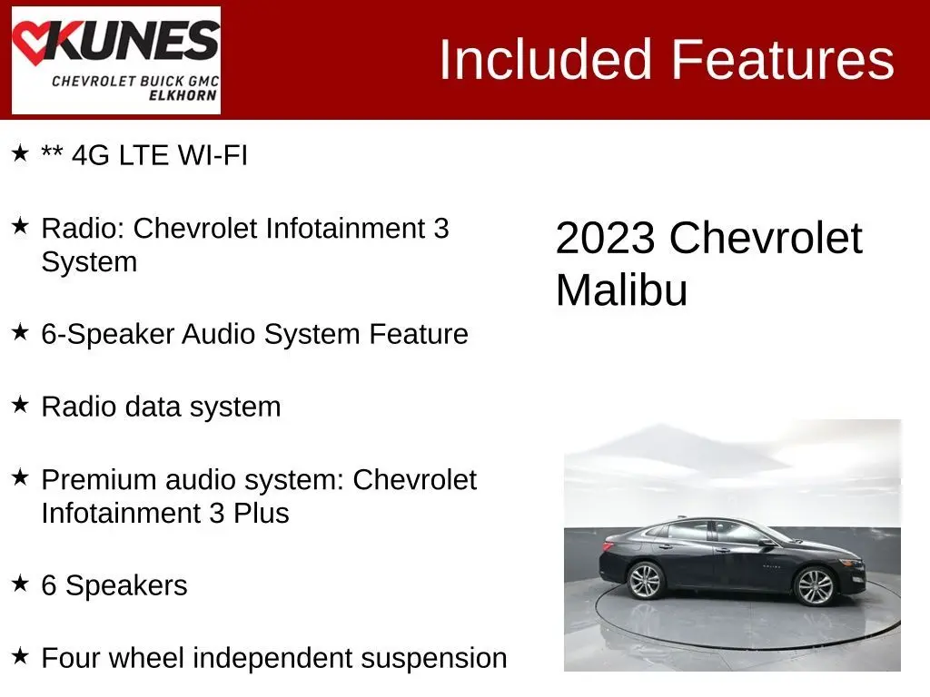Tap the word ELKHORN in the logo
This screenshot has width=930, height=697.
point(183,95)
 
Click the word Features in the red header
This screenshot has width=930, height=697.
point(782,59)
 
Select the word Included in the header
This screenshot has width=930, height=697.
point(546,59)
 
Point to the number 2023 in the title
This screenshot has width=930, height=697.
point(605,239)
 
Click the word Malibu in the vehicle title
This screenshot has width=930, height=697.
point(621,290)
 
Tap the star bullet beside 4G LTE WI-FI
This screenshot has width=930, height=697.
point(20,152)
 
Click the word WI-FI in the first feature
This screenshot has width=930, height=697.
point(213,155)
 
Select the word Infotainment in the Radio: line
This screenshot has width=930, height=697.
point(344,228)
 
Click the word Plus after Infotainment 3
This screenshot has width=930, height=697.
point(261,514)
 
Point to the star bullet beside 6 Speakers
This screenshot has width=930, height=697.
point(20,584)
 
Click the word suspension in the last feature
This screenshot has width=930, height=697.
point(433,659)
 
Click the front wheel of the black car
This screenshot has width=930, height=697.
point(815,585)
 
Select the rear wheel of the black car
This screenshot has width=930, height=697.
point(645,580)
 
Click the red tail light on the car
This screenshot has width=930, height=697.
point(608,545)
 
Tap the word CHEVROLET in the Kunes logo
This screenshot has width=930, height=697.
point(94,81)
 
